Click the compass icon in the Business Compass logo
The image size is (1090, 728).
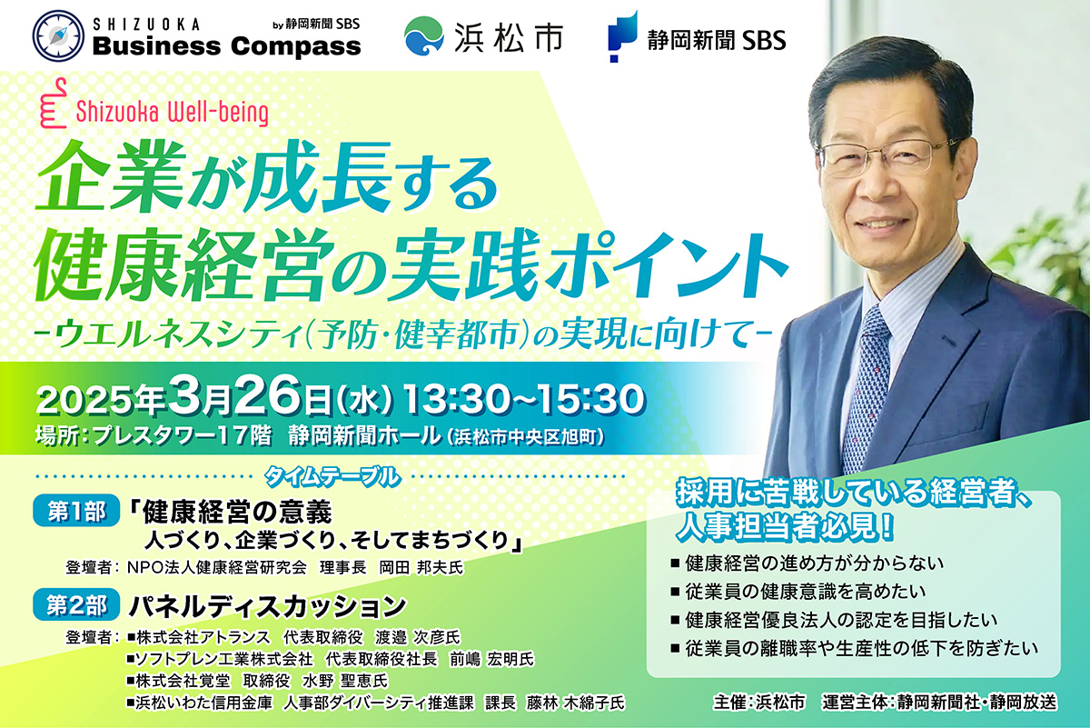58,36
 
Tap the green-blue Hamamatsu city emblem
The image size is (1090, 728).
424,36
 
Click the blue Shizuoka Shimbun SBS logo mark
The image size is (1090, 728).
622,36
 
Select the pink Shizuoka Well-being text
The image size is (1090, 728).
173,113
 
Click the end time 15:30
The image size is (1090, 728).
590,399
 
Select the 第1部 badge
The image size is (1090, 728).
76,512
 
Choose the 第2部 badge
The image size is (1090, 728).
76,605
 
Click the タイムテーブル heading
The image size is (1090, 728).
332,477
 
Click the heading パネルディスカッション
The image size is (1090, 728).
268,606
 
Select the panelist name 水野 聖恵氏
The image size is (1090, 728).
345,681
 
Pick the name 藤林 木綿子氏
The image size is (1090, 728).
575,703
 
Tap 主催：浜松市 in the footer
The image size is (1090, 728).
759,703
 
